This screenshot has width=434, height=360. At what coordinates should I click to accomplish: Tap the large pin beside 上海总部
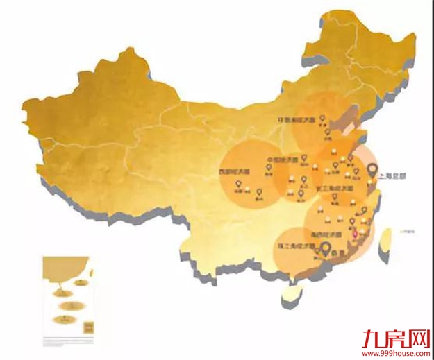pyautogui.click(x=372, y=171)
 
